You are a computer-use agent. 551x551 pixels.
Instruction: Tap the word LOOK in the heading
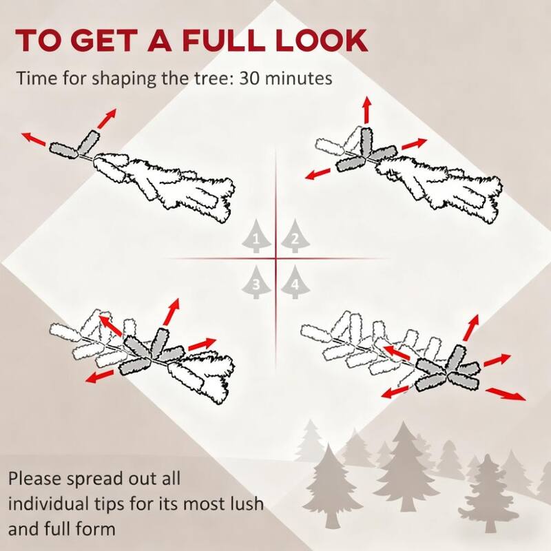pyautogui.click(x=322, y=41)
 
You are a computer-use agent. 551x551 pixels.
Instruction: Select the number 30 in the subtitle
pyautogui.click(x=249, y=78)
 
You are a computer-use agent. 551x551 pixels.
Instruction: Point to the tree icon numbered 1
pyautogui.click(x=256, y=236)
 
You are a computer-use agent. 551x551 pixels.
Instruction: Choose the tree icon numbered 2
pyautogui.click(x=295, y=236)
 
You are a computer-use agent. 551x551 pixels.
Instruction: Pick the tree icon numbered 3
pyautogui.click(x=256, y=282)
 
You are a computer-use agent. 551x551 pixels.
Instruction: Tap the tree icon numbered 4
pyautogui.click(x=295, y=282)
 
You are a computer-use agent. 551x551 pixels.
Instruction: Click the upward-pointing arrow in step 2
pyautogui.click(x=367, y=110)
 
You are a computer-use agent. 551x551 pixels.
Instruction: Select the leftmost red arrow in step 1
pyautogui.click(x=34, y=139)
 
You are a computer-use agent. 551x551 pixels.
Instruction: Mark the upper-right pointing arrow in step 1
pyautogui.click(x=107, y=118)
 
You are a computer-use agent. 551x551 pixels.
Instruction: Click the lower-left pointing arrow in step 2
pyautogui.click(x=318, y=174)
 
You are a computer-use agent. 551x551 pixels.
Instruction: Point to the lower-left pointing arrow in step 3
pyautogui.click(x=100, y=376)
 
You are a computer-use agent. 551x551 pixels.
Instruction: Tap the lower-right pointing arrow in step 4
pyautogui.click(x=506, y=393)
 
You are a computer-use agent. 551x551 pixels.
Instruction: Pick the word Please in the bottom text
pyautogui.click(x=34, y=479)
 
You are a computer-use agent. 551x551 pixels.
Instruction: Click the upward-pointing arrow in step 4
pyautogui.click(x=471, y=328)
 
